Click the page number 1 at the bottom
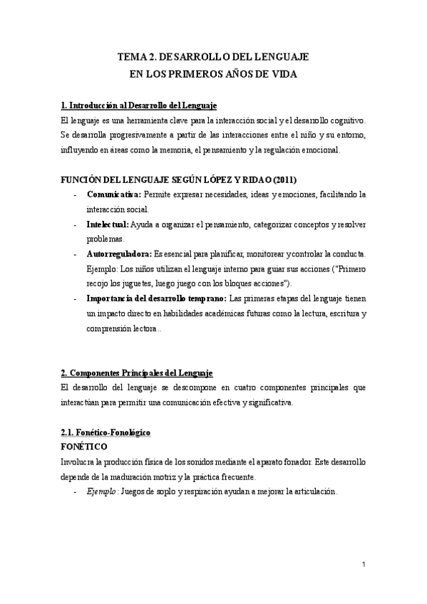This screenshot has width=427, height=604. click(364, 565)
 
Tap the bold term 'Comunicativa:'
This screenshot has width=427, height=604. click(113, 194)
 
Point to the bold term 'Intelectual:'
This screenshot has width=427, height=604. click(108, 224)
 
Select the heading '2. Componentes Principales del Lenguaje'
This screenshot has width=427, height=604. click(137, 373)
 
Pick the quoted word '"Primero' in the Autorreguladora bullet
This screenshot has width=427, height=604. click(348, 269)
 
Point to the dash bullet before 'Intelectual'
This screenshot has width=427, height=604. click(75, 224)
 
